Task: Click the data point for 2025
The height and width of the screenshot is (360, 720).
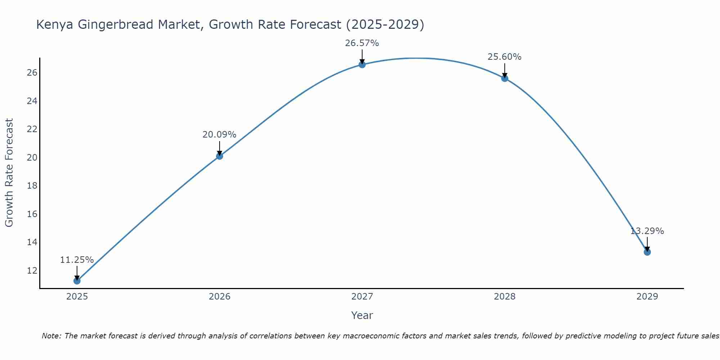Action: [77, 280]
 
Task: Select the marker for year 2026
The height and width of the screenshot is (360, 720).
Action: [219, 156]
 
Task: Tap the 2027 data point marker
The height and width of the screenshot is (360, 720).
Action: [362, 64]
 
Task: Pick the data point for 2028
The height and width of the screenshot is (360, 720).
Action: [504, 78]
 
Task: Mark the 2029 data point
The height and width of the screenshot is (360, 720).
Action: [647, 252]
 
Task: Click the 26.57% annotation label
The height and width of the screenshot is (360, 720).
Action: [362, 43]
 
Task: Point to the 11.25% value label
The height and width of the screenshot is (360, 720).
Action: [77, 260]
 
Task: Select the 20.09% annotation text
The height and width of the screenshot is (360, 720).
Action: [219, 135]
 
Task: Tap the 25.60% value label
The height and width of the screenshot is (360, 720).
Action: [504, 57]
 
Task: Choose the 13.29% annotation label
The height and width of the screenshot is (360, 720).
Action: [647, 231]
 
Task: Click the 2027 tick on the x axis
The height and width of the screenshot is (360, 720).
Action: [362, 297]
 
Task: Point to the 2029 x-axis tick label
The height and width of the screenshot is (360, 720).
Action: [647, 297]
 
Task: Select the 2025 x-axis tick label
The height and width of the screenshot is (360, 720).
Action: [77, 297]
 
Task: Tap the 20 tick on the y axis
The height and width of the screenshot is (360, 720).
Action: [32, 157]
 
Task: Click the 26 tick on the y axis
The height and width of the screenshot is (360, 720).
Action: [32, 73]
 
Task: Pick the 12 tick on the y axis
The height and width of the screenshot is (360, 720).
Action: [32, 270]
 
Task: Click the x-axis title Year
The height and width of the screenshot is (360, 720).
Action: [362, 315]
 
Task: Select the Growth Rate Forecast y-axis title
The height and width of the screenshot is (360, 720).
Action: [9, 172]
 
